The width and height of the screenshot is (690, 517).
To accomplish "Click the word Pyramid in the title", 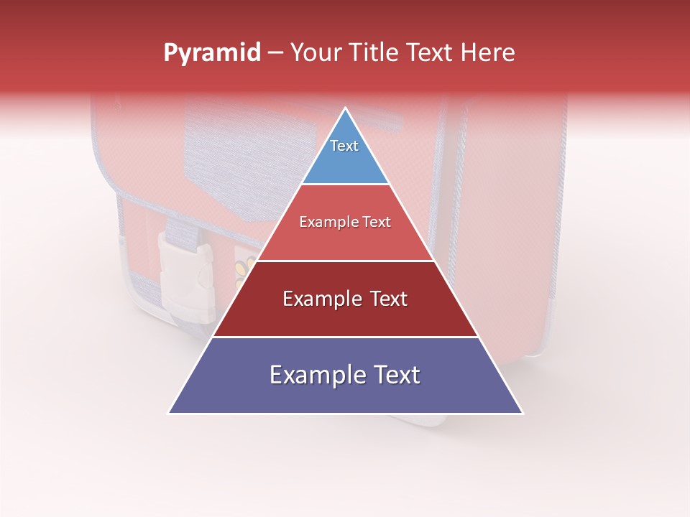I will pos(212,53).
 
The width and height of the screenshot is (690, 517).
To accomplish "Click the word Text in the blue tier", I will pos(344,146).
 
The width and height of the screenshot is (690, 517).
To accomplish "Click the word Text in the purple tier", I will pos(395,375).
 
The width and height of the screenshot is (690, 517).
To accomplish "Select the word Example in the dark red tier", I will pos(322,299).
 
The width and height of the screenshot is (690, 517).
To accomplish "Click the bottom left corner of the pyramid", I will pos(169,413).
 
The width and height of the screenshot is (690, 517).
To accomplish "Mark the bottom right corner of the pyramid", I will pos(523,413).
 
